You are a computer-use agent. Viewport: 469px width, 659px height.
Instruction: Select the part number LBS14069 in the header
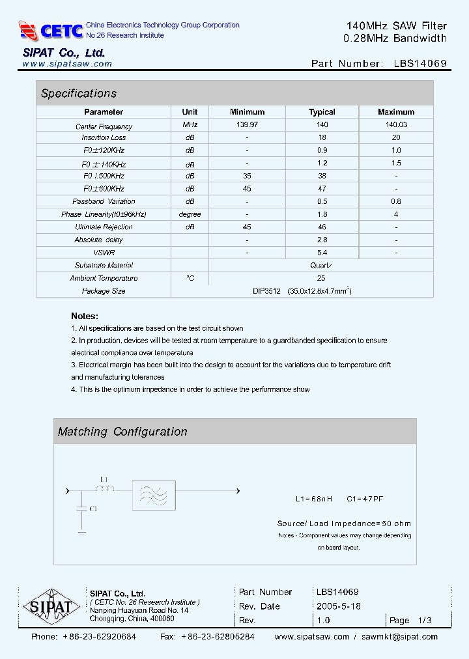point(420,64)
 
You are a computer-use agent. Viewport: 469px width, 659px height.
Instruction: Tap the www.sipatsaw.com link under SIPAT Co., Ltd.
point(67,64)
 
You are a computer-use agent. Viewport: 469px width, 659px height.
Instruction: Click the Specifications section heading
point(79,93)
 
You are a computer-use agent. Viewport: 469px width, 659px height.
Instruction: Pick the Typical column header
point(322,112)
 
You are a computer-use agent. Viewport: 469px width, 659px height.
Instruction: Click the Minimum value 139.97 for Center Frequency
point(247,125)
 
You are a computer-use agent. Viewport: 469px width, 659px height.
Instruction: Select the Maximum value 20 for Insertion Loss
point(395,137)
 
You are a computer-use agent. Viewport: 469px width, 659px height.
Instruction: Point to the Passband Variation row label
point(104,201)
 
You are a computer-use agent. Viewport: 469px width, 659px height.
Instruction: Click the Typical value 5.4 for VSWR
point(322,253)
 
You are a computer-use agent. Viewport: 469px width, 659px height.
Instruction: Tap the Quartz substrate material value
point(321,265)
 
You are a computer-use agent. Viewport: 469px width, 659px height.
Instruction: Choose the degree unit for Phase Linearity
point(190,214)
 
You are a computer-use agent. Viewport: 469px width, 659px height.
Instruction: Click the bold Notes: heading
point(85,315)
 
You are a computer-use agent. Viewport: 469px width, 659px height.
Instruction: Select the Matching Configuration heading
point(122,432)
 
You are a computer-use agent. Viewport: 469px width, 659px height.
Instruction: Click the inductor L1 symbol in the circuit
point(106,490)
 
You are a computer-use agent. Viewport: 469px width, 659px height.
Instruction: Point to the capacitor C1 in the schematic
point(81,509)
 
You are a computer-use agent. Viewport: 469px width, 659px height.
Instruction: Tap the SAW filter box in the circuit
point(154,496)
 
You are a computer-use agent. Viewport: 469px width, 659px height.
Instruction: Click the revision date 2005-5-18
point(338,606)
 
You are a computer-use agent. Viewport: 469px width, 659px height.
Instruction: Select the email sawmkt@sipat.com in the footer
point(399,637)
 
